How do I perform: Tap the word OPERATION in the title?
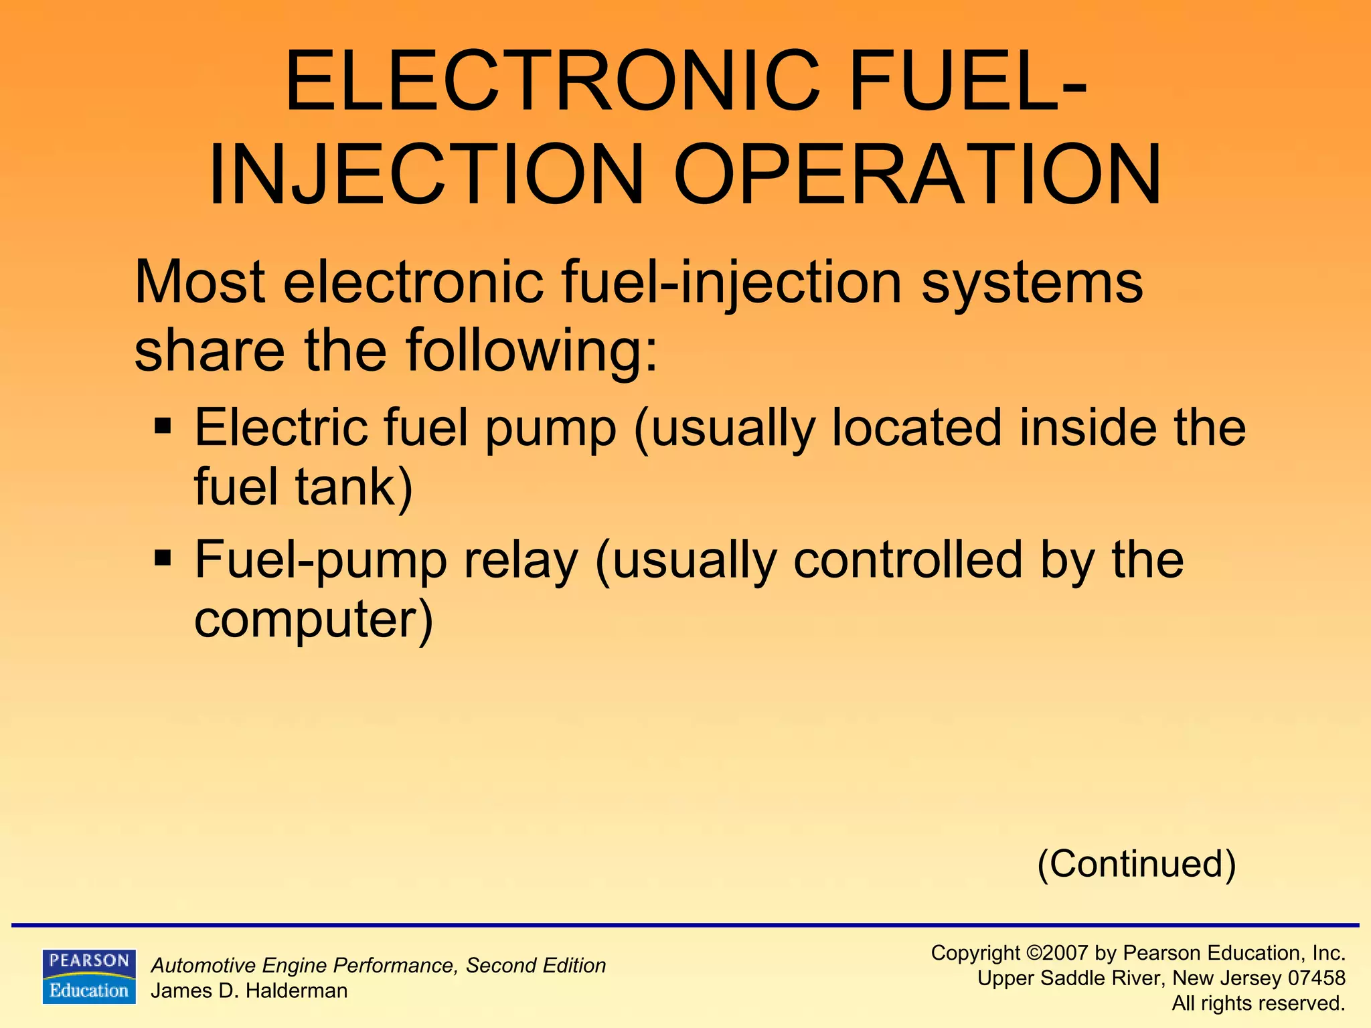[918, 175]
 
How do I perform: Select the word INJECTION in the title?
[426, 175]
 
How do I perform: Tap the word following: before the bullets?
[532, 350]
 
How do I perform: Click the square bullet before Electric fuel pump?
[163, 426]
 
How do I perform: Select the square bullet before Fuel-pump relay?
[163, 558]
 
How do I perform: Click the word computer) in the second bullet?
[313, 620]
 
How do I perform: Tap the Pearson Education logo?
[89, 976]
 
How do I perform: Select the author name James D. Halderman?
[249, 991]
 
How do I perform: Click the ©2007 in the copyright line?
[1056, 952]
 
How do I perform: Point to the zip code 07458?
[1316, 978]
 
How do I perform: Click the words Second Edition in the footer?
[536, 965]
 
